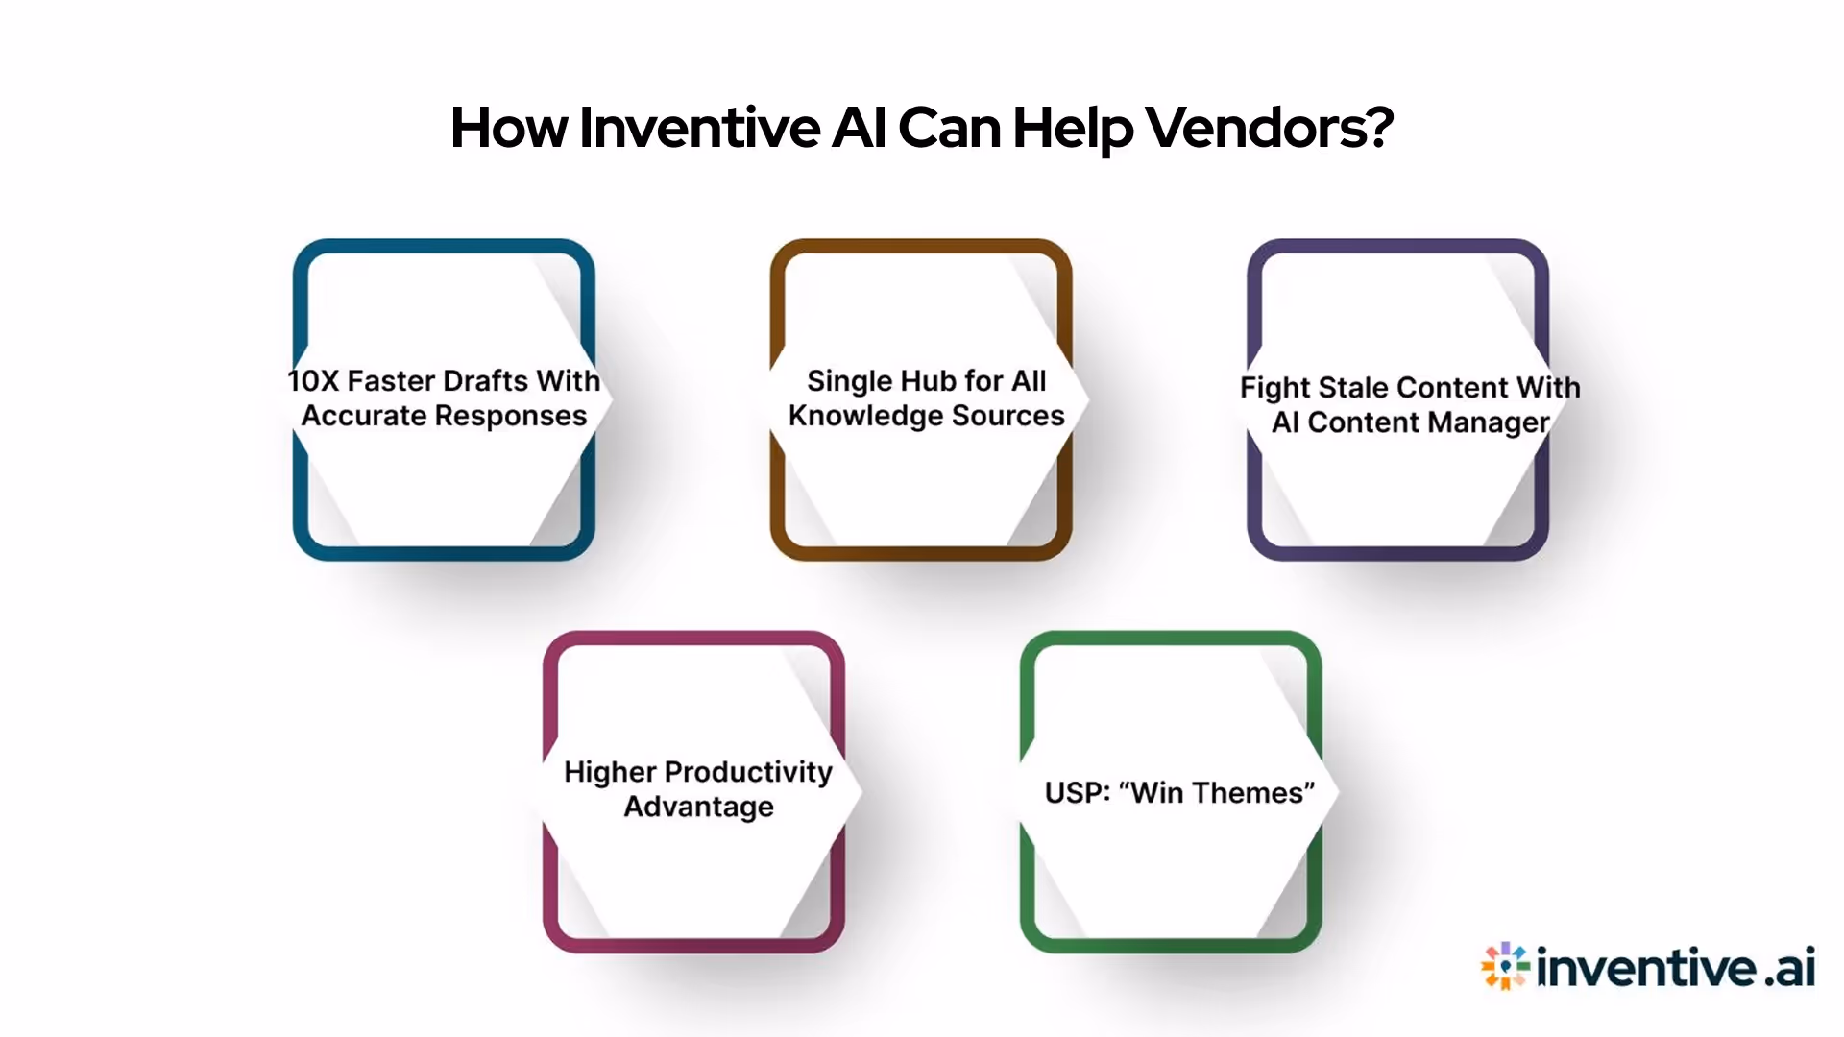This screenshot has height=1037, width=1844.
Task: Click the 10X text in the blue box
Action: [x=313, y=381]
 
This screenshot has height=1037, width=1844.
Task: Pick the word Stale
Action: [x=1363, y=388]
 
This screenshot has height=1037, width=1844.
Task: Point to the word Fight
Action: [x=1274, y=388]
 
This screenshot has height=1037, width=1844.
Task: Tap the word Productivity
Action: [x=748, y=772]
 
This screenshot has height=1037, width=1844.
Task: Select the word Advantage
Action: [x=698, y=807]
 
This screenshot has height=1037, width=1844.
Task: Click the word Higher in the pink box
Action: [x=610, y=772]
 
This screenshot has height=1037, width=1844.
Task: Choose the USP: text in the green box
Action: [x=1077, y=793]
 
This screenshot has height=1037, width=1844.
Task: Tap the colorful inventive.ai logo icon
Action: [x=1504, y=966]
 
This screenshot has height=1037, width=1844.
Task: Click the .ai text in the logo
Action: [x=1789, y=967]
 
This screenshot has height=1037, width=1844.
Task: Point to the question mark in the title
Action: [x=1379, y=128]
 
